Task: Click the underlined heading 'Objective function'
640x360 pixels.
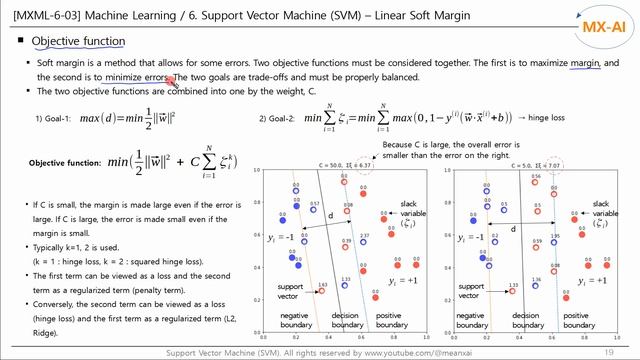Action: coord(78,41)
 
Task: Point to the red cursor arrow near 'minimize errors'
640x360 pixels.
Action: coord(172,80)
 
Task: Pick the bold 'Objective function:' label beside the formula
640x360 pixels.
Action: coord(64,163)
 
